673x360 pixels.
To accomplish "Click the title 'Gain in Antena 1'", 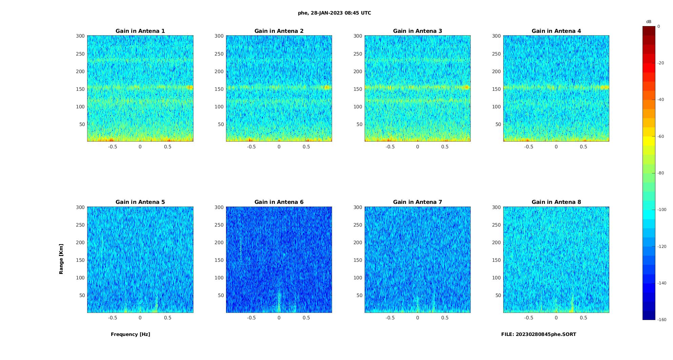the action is coord(140,31).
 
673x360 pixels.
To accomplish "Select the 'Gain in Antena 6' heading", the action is coord(279,202).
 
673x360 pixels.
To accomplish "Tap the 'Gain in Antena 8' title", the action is coord(556,202).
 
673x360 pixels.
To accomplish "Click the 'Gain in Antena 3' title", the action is coord(417,31).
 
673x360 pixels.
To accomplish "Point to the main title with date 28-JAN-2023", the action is coord(334,13).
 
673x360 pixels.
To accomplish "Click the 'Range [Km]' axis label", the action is coord(61,259).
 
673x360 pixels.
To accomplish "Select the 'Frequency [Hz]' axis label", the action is coord(130,334).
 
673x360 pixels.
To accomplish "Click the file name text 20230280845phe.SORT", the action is coord(538,334).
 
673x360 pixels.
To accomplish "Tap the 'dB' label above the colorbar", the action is coord(649,22).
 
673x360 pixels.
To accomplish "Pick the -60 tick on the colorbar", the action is coord(661,136).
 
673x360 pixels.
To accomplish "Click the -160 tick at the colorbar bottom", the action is coord(662,320).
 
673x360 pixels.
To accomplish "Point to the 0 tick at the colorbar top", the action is coord(659,26).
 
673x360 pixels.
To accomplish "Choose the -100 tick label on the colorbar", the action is coord(662,210).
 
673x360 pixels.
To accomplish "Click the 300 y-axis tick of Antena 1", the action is coord(80,36).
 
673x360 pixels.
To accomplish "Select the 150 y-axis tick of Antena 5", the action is coord(80,260).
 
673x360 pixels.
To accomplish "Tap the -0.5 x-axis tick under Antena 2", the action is coord(251,147).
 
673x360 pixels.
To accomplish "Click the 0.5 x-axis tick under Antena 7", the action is coord(445,318).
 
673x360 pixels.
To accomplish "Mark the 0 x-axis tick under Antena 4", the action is coord(556,147).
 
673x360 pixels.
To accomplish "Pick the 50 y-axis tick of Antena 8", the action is coord(498,295).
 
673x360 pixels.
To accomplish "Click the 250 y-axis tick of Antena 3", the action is coord(358,54).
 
